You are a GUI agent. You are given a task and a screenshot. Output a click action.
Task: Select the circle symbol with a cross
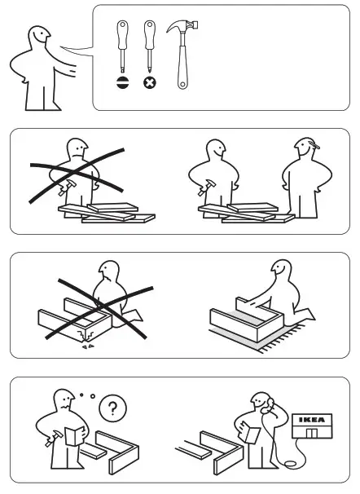point(149,82)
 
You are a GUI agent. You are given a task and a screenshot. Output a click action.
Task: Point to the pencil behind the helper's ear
point(315,149)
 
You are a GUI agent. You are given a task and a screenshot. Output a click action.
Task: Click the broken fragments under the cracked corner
point(82,341)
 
